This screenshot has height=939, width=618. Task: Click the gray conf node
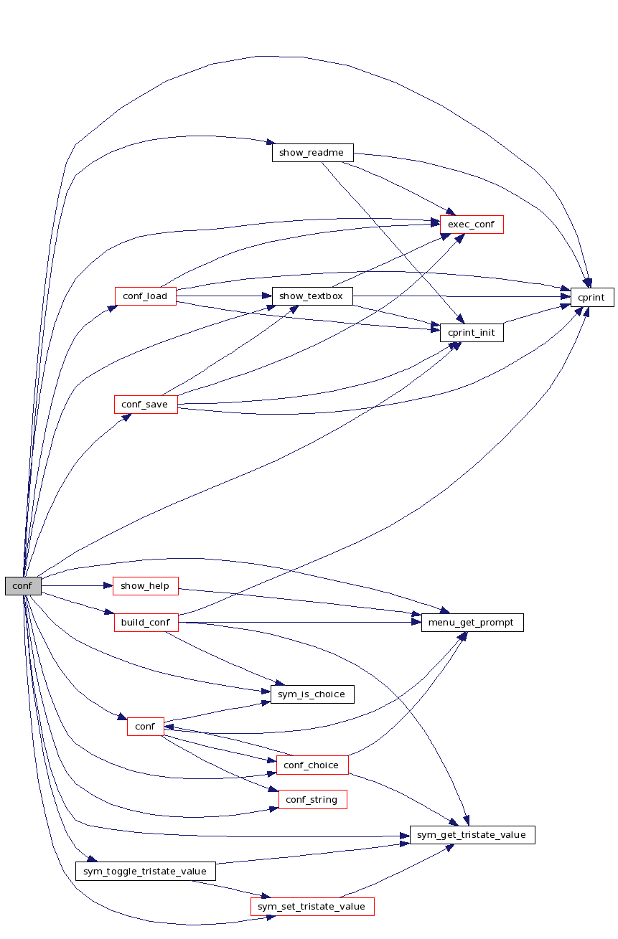[x=23, y=585]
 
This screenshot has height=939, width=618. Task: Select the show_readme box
[x=312, y=153]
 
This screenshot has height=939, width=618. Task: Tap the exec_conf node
[x=472, y=225]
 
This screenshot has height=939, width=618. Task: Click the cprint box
[x=592, y=297]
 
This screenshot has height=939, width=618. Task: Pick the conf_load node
[x=146, y=296]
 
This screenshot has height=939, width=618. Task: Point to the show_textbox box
[x=312, y=296]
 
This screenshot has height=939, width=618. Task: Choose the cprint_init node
[x=472, y=332]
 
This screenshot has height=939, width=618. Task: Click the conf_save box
[x=146, y=404]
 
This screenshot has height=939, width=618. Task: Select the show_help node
[x=146, y=585]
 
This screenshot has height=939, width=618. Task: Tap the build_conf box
[x=146, y=622]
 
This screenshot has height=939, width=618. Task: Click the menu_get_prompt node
[x=472, y=622]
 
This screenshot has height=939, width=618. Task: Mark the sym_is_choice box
[x=312, y=694]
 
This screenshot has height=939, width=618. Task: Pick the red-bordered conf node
[x=146, y=726]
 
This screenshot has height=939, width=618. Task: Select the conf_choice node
[x=312, y=765]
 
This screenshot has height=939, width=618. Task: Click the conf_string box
[x=312, y=799]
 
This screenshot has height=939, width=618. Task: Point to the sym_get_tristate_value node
[x=472, y=834]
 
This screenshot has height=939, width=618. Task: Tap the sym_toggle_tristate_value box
[x=146, y=871]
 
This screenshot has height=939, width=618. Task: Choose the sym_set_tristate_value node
[x=312, y=906]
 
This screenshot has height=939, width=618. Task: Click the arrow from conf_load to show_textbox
[x=224, y=296]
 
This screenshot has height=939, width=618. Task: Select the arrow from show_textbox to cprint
[x=462, y=296]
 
